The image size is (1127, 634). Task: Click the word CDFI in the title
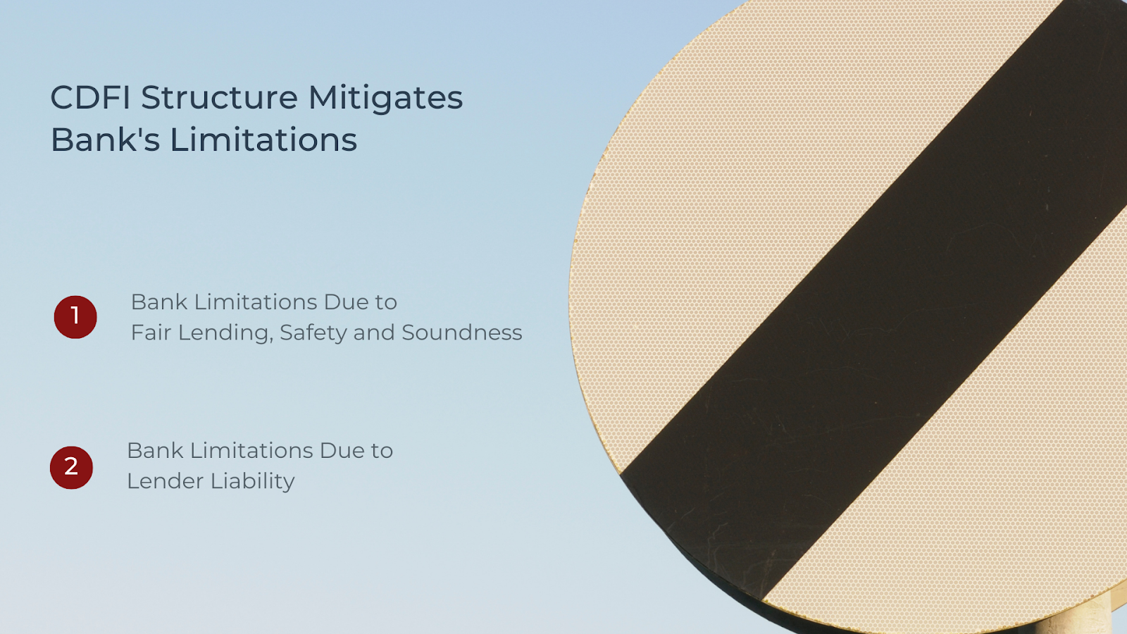[x=91, y=97]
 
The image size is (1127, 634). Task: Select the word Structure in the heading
[x=219, y=97]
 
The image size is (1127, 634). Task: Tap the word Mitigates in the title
[x=385, y=99]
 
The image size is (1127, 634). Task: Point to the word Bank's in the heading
[x=105, y=139]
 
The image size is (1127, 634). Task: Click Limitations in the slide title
[x=263, y=139]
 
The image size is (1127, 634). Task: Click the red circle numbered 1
[x=75, y=317]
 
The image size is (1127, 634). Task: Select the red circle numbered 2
[x=71, y=468]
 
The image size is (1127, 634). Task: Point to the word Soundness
[x=462, y=332]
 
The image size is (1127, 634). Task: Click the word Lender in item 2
[x=164, y=481]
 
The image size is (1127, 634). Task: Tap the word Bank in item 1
[x=159, y=302]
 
